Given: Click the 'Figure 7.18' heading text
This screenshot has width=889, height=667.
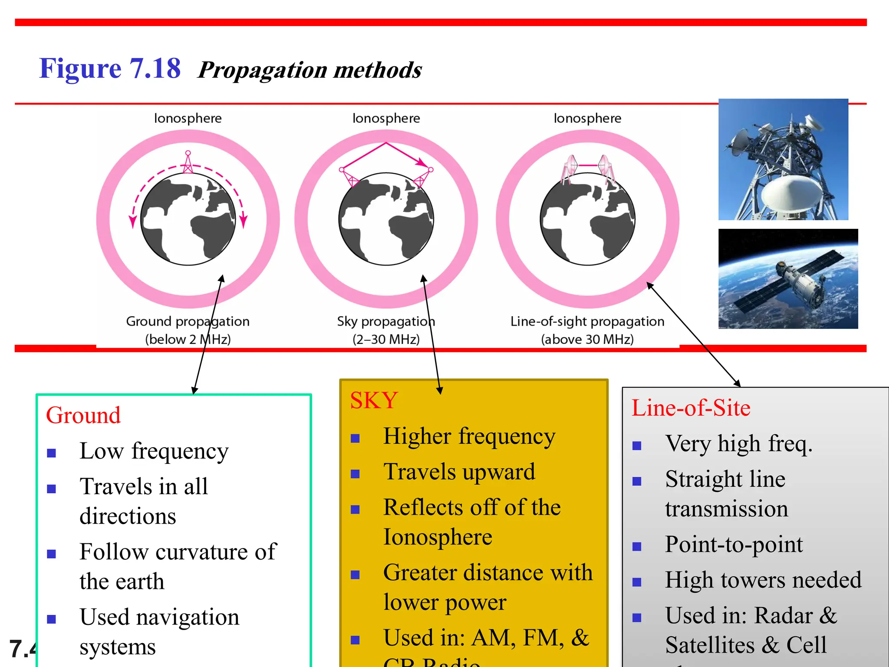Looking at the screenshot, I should (109, 69).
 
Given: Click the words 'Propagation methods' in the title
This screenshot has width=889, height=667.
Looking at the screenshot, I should (310, 70).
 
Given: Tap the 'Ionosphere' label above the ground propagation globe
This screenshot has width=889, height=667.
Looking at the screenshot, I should (188, 118).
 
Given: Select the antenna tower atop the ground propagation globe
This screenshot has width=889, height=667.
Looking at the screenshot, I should (188, 162).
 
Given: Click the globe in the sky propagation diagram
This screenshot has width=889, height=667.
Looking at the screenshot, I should (386, 219).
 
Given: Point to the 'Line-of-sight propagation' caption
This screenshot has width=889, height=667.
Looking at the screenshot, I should (587, 321).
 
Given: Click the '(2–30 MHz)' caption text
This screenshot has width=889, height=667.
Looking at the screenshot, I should (386, 339).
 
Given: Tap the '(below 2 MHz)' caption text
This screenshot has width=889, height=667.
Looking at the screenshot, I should (188, 339).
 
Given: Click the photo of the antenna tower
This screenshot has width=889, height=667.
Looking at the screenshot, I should (783, 159).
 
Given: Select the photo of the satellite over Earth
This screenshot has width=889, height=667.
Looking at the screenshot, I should (788, 278).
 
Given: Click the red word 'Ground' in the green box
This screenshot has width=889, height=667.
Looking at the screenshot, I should (83, 415).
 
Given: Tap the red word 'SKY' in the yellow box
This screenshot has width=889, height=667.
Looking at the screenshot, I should (374, 400).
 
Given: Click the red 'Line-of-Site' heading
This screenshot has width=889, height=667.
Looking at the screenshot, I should (691, 408).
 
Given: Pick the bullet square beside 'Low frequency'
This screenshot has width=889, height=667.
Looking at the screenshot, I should (52, 453).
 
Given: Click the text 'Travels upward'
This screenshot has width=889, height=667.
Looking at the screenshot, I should (459, 472).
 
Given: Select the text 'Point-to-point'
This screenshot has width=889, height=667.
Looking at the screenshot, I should (734, 544).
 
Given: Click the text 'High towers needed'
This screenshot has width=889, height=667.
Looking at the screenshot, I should (763, 580).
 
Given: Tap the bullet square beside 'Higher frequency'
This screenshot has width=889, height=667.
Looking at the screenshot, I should (355, 439).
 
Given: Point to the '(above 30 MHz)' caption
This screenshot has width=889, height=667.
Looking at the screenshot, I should (587, 339).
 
